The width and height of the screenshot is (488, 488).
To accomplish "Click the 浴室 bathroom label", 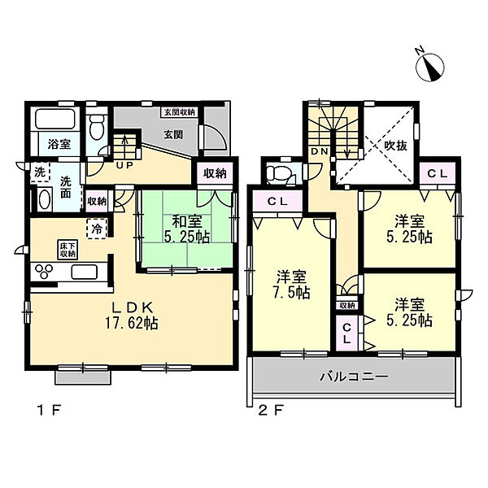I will coord(58,144).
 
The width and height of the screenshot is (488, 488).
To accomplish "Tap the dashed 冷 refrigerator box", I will coord(95,229).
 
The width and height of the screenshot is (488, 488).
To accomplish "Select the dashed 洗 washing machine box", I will coord(40,172).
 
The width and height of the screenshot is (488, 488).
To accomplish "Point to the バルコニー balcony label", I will coord(353,377).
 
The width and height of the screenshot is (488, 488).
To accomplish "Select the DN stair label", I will coord(318,151).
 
